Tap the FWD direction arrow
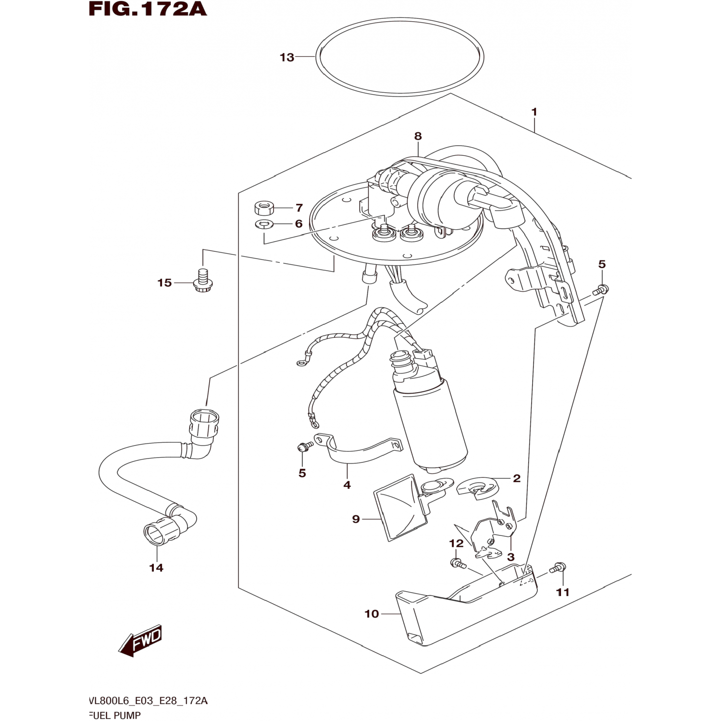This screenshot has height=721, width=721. (141, 641)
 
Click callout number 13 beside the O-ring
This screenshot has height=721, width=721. (287, 58)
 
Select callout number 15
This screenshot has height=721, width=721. (164, 283)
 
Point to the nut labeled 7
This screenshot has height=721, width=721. (263, 209)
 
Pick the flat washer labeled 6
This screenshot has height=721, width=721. (264, 224)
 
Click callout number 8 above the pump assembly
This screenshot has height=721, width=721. (418, 137)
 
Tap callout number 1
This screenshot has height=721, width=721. (534, 112)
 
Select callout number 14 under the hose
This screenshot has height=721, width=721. (156, 568)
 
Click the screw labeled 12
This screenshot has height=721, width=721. (457, 563)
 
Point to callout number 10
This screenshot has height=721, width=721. (372, 614)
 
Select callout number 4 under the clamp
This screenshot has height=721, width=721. (347, 485)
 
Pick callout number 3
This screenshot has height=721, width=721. (510, 557)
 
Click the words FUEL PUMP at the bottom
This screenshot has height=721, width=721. (115, 715)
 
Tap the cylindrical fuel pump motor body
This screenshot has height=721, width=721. (431, 423)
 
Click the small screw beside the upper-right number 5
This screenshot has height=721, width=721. (601, 289)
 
